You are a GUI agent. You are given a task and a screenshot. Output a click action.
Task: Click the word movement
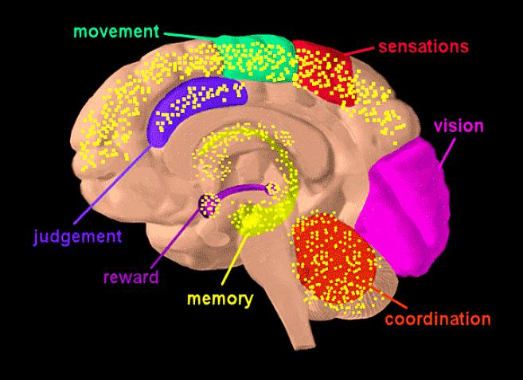[x=116, y=32]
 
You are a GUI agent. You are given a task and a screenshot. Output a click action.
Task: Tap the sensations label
[x=423, y=46]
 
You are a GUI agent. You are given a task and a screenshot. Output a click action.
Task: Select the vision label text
[x=458, y=126]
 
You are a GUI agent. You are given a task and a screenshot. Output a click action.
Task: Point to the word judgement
[x=77, y=236]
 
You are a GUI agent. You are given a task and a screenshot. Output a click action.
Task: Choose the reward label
[x=131, y=277]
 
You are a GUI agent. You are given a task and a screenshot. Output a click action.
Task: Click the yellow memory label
[x=220, y=300]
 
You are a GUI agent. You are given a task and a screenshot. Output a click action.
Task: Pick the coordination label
[x=437, y=320]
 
